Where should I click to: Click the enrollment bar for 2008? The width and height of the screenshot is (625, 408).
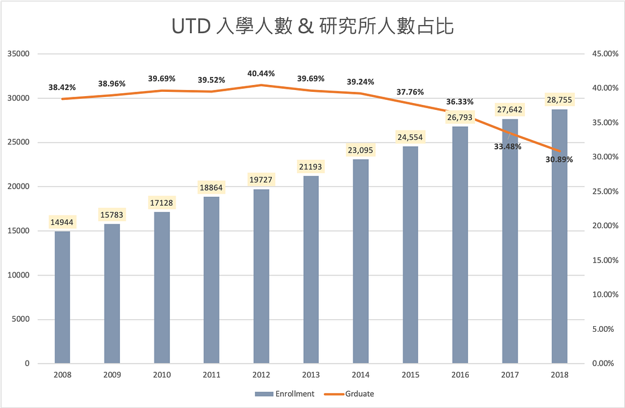(x=62, y=297)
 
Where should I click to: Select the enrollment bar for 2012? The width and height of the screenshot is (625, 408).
(x=261, y=276)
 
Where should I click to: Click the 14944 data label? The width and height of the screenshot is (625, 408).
(x=62, y=222)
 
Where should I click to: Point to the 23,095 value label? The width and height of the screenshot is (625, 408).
(x=361, y=150)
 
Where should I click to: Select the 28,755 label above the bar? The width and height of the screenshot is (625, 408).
(x=559, y=100)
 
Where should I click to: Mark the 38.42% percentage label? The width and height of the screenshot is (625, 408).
(x=62, y=87)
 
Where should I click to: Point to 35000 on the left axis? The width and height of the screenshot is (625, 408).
(x=18, y=54)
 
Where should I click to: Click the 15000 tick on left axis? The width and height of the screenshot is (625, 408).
(x=18, y=231)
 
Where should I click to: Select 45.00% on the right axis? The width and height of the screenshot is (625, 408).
(x=604, y=54)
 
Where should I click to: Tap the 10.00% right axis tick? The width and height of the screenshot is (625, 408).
(x=604, y=294)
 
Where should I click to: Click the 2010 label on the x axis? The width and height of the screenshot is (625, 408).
(x=162, y=374)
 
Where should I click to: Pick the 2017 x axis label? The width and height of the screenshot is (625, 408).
(x=510, y=374)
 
